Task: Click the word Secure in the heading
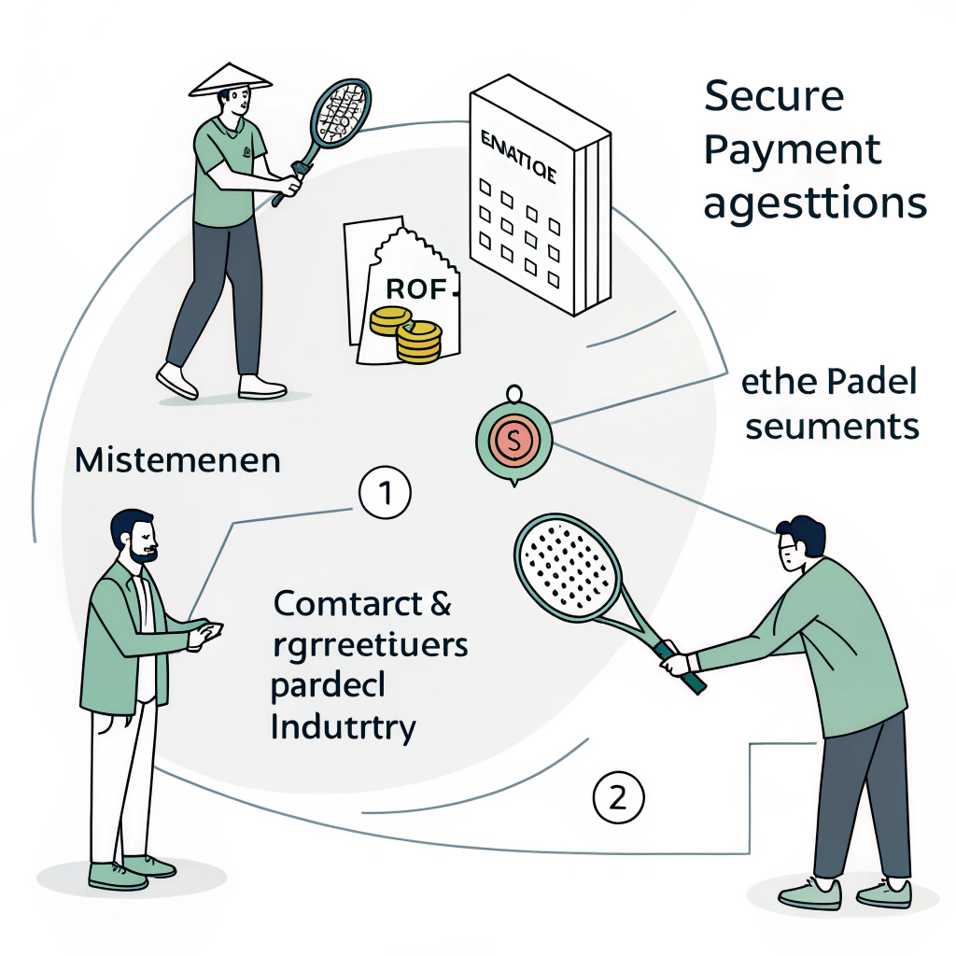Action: tap(773, 96)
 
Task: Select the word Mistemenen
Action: tap(176, 461)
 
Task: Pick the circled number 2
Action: tap(618, 797)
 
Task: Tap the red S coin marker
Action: tap(513, 437)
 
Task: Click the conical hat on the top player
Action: tap(230, 79)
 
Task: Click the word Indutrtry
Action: tap(342, 726)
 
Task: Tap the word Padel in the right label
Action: tap(872, 383)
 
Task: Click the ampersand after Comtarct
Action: tap(437, 604)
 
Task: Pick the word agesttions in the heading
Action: tap(814, 203)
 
